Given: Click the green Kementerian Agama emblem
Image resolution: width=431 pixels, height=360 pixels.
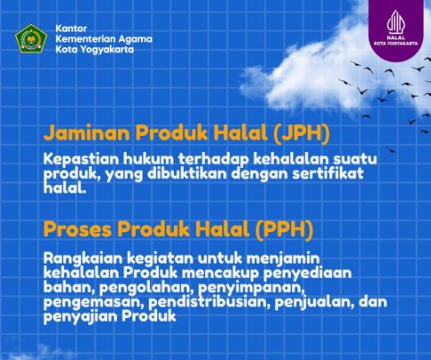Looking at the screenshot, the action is (x=31, y=38).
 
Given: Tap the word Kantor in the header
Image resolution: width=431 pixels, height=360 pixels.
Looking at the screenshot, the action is (x=71, y=29).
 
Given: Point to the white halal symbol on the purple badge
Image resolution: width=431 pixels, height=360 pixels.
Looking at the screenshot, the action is (x=396, y=21).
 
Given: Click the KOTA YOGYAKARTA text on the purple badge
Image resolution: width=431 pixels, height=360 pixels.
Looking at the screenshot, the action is (x=396, y=43).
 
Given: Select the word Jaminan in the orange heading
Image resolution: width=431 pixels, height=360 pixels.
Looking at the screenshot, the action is (x=87, y=133).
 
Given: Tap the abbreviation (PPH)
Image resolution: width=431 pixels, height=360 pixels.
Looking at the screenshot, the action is (x=284, y=230).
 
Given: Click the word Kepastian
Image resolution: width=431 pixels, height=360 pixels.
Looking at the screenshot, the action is (x=81, y=160).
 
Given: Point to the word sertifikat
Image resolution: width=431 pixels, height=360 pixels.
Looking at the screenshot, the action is (x=328, y=174).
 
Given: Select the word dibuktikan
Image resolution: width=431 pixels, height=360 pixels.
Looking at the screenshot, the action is (x=186, y=174).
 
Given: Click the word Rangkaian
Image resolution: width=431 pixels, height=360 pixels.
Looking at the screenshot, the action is (x=83, y=259).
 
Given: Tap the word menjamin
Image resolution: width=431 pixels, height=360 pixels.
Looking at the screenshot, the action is (x=283, y=259).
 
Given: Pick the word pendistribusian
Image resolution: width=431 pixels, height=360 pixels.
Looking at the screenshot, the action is (x=209, y=302).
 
